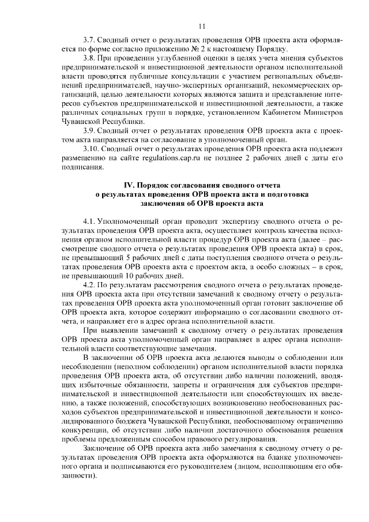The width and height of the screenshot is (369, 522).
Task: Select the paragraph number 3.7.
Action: click(90, 40)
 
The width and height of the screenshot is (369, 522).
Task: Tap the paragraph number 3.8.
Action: click(90, 59)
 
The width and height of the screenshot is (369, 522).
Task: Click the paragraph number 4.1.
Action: click(90, 221)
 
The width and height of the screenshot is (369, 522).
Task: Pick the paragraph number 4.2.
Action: click(90, 285)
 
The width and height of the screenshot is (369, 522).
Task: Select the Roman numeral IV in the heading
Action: click(129, 186)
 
